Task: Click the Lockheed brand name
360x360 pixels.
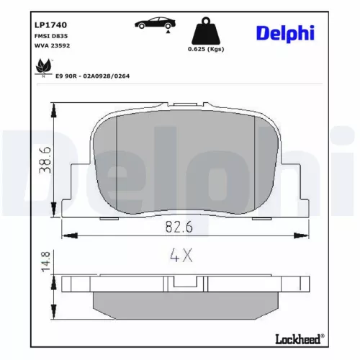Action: click(298, 337)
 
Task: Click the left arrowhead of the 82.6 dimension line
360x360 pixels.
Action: click(66, 235)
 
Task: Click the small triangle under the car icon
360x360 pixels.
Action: click(167, 32)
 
